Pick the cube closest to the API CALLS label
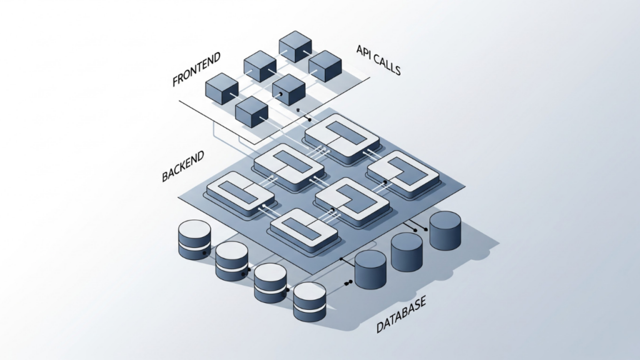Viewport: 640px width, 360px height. point(326,66)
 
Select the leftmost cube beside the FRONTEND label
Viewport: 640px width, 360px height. point(222,88)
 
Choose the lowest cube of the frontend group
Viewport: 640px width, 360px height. point(252,112)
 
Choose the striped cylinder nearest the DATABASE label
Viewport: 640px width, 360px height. point(310,301)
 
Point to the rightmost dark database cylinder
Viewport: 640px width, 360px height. point(445,231)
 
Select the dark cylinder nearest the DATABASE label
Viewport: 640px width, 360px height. point(370,270)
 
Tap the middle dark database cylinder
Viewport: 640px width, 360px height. point(407,251)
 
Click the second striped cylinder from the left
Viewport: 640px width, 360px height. point(232,261)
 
